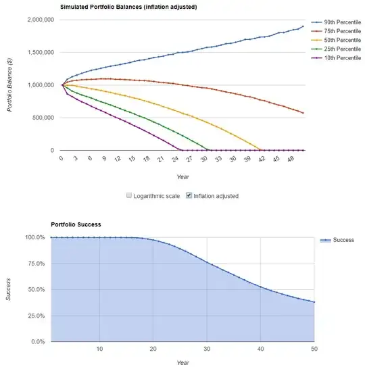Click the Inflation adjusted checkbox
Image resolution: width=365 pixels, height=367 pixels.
[189, 196]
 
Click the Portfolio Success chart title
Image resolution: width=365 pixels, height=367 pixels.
[76, 224]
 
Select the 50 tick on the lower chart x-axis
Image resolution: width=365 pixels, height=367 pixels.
[314, 349]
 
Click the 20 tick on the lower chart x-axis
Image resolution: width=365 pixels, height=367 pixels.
[153, 349]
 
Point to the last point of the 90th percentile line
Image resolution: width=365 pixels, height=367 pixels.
[303, 26]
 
